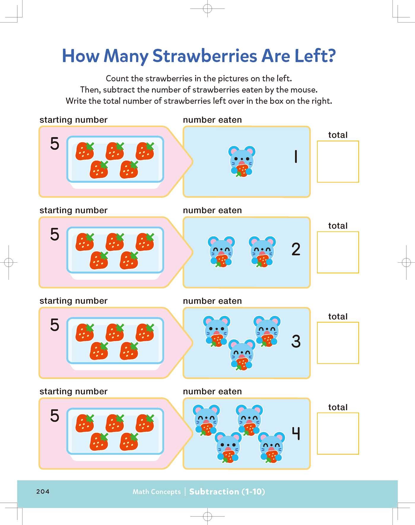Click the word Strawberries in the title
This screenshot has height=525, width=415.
click(205, 56)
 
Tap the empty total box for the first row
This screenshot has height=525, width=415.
click(338, 162)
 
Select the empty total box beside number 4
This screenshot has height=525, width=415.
click(338, 433)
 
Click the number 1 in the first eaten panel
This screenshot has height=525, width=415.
click(295, 157)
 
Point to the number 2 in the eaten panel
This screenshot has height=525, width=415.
click(296, 249)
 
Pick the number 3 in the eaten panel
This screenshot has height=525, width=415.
click(296, 341)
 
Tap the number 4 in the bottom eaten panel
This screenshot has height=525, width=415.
click(296, 433)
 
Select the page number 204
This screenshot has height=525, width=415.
click(43, 492)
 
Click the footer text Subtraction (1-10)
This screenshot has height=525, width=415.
click(227, 492)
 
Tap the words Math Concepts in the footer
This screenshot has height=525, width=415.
click(157, 492)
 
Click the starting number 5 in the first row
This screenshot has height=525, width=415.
click(55, 144)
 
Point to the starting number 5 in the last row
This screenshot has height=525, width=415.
click(55, 416)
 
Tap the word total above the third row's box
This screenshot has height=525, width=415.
click(338, 316)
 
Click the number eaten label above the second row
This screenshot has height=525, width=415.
click(212, 210)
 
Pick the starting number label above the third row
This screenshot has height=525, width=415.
click(73, 301)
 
